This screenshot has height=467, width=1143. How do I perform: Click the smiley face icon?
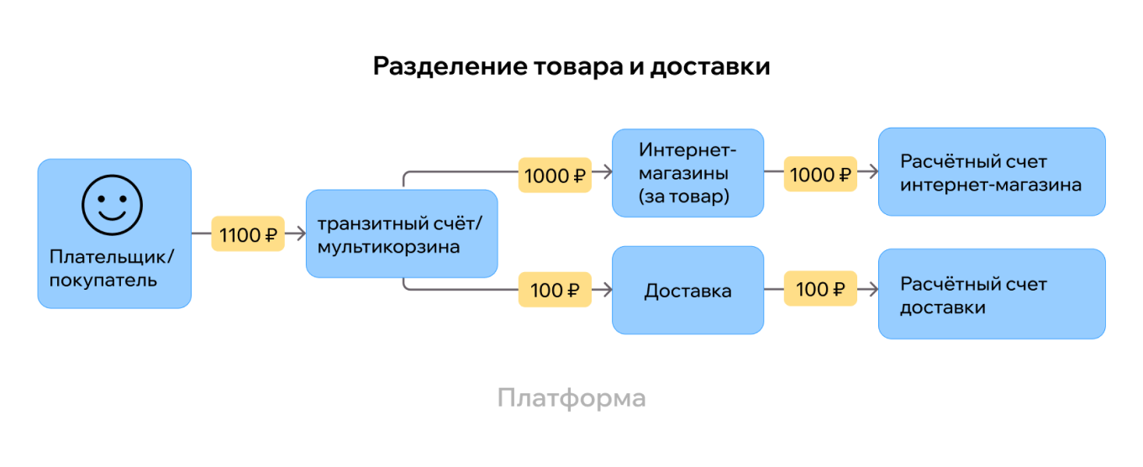coord(112,205)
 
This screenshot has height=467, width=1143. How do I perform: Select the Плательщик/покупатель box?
coord(114,233)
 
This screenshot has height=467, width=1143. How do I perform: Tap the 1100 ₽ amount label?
coord(248,235)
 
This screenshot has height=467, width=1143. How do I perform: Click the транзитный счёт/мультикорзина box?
coord(402,234)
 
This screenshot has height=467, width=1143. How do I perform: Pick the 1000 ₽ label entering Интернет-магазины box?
coord(555,176)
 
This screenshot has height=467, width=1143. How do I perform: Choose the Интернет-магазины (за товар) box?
coord(687,173)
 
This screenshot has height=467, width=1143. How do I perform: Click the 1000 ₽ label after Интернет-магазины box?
coord(820,175)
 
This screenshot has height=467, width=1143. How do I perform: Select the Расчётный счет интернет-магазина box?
coord(991,172)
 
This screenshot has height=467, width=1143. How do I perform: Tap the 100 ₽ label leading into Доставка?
coord(555,291)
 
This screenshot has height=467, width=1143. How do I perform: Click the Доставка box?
coord(687,291)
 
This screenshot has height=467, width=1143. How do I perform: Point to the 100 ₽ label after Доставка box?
coord(820,290)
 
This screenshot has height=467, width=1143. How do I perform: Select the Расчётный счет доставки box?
coord(991,294)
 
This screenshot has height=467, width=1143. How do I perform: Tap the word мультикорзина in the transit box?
coord(388,248)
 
